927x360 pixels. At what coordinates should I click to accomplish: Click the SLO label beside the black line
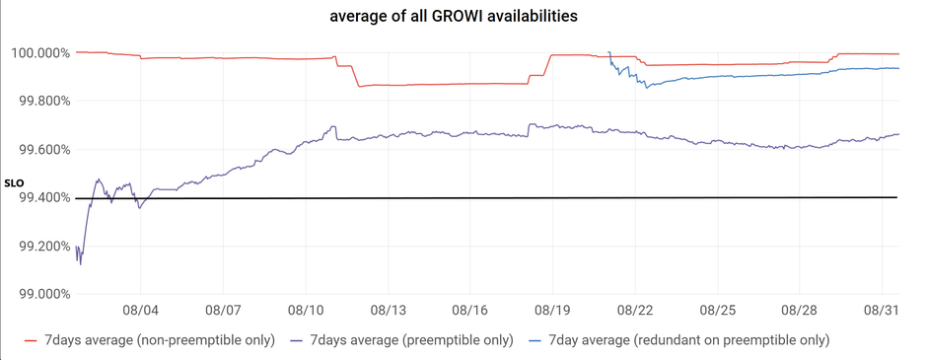pyautogui.click(x=13, y=183)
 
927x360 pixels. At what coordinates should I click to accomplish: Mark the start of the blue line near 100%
pyautogui.click(x=609, y=52)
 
